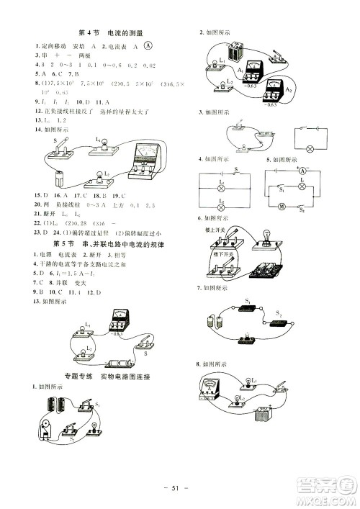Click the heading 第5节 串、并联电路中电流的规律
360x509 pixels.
pos(116,247)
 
